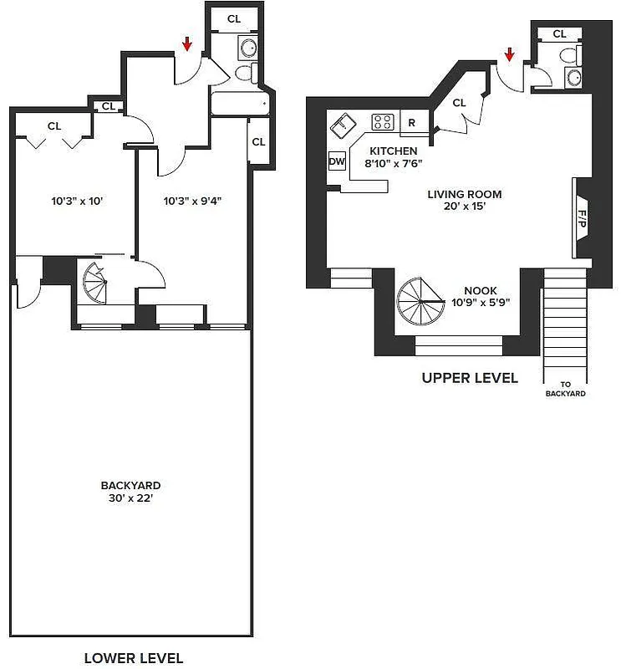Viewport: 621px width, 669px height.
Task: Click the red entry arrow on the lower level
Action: (x=186, y=44)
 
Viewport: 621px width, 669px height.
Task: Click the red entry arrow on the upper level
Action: (x=509, y=56)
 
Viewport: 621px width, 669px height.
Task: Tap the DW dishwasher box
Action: (x=337, y=161)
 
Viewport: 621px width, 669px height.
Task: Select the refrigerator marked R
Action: (x=411, y=122)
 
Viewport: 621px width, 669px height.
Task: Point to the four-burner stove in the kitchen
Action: (x=383, y=122)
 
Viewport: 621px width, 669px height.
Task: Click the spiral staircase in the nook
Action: (x=421, y=301)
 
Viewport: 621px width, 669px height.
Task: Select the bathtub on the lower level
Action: (x=239, y=105)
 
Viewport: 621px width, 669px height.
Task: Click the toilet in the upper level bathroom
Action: (x=569, y=57)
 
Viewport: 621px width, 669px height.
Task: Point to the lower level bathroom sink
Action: (x=248, y=48)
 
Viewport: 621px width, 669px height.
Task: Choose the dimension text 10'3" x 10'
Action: (x=76, y=201)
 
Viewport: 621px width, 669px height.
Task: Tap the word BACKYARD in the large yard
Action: (x=130, y=485)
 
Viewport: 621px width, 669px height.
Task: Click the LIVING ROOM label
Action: (x=465, y=194)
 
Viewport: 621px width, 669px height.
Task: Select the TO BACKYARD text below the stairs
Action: (x=566, y=389)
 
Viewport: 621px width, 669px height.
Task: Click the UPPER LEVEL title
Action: (x=469, y=378)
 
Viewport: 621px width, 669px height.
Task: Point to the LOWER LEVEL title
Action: (x=133, y=658)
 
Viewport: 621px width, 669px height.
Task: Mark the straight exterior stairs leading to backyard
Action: (x=566, y=322)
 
